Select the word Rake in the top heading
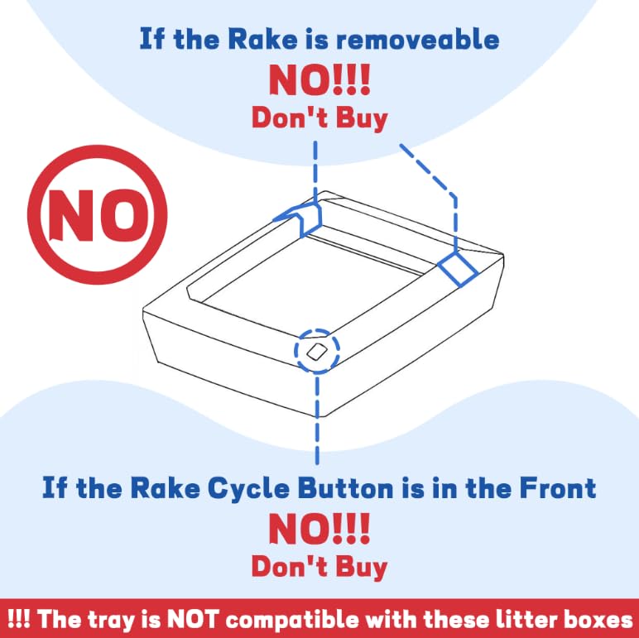tap(262, 40)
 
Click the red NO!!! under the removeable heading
tap(319, 79)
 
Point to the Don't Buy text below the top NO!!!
tap(319, 118)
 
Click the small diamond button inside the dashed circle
tap(317, 351)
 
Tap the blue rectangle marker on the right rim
tap(458, 268)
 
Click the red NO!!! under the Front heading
tap(319, 529)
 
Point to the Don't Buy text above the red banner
tap(319, 567)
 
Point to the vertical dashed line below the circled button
tap(317, 420)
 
